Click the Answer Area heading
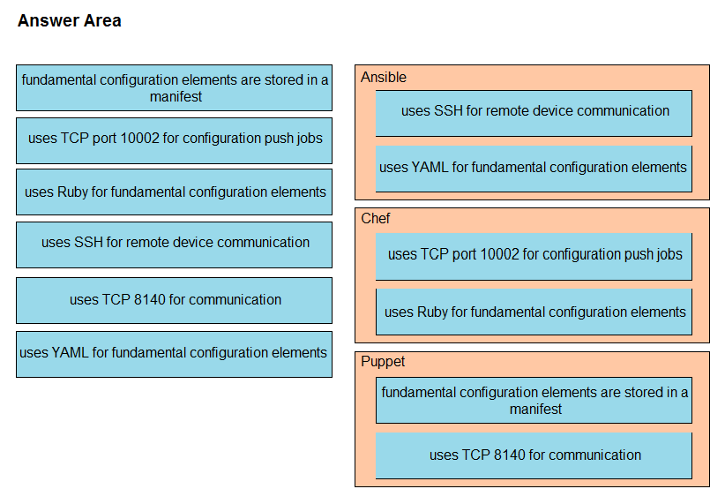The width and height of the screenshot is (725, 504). pyautogui.click(x=70, y=21)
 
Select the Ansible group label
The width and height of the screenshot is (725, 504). pyautogui.click(x=384, y=77)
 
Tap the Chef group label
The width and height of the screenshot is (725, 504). pyautogui.click(x=375, y=218)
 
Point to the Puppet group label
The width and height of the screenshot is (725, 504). pyautogui.click(x=383, y=361)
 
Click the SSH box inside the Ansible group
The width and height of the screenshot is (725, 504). pyautogui.click(x=534, y=113)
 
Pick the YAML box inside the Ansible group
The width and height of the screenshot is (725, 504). pyautogui.click(x=534, y=169)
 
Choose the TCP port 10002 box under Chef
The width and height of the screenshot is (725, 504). pyautogui.click(x=534, y=256)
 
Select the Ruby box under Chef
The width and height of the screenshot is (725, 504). pyautogui.click(x=534, y=312)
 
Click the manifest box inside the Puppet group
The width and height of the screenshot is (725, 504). pyautogui.click(x=534, y=401)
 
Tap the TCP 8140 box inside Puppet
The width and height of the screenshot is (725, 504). pyautogui.click(x=534, y=455)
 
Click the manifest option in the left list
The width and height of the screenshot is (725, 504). pyautogui.click(x=174, y=88)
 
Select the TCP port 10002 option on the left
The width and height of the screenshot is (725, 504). pyautogui.click(x=174, y=140)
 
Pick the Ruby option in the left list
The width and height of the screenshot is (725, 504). pyautogui.click(x=174, y=192)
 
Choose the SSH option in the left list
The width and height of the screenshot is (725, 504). pyautogui.click(x=174, y=244)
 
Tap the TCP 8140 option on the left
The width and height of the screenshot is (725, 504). pyautogui.click(x=174, y=300)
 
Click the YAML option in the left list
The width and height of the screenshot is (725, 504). pyautogui.click(x=174, y=354)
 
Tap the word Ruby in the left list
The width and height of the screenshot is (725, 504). pyautogui.click(x=72, y=192)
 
